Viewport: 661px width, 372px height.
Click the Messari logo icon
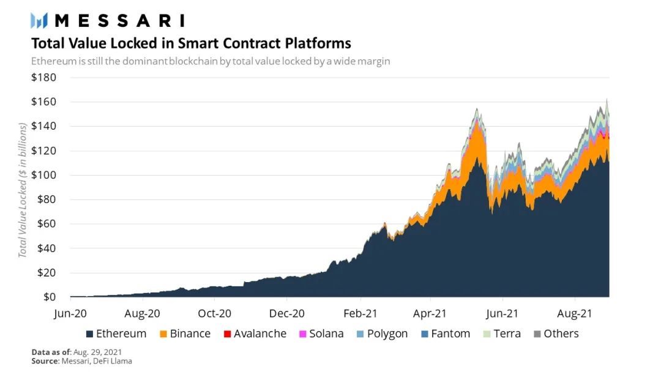tap(39, 20)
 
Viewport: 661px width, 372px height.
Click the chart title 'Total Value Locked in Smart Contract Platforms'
tap(191, 43)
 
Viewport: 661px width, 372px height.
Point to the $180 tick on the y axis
tap(43, 78)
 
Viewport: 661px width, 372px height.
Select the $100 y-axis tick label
tap(43, 175)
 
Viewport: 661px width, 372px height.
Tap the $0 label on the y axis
tap(48, 297)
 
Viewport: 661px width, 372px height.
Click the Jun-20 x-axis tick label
tap(70, 313)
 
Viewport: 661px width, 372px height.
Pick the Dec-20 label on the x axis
tap(287, 313)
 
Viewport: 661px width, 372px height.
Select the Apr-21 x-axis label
tap(430, 313)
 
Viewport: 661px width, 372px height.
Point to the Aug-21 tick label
tap(575, 313)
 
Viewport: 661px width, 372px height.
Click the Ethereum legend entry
tap(116, 333)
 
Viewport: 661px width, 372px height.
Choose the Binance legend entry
tap(185, 333)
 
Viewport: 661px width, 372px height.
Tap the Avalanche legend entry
tap(255, 333)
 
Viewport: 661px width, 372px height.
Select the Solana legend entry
tap(321, 333)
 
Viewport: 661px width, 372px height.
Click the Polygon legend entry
tap(381, 333)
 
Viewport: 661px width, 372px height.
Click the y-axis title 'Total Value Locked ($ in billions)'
tap(23, 190)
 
